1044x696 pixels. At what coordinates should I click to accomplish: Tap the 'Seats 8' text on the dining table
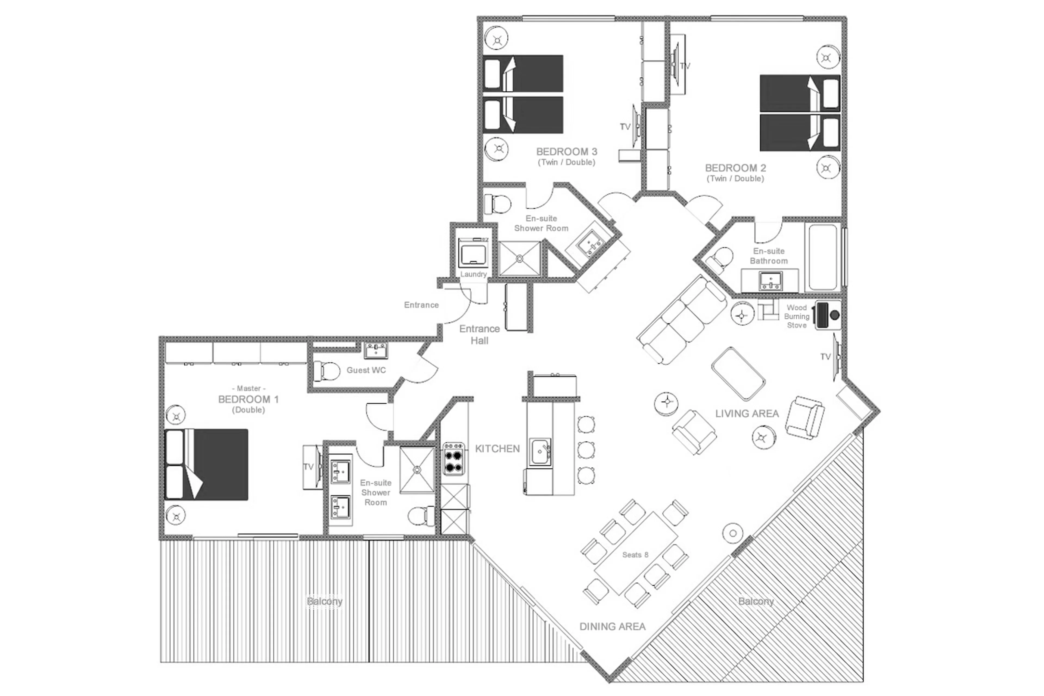635,555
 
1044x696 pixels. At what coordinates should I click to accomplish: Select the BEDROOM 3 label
567,152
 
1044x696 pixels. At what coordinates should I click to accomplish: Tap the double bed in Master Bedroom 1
207,464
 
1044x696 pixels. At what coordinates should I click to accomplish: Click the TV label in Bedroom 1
308,466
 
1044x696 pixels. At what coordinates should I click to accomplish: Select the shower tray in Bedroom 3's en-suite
520,258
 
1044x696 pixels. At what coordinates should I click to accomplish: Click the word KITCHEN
497,449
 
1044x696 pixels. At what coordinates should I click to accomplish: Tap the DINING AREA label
612,626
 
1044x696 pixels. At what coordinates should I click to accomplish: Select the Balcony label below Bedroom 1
324,601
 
